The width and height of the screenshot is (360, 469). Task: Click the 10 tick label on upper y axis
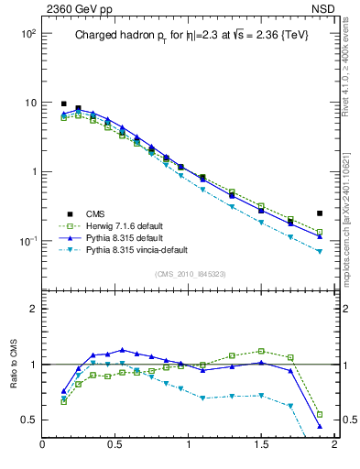coord(27,103)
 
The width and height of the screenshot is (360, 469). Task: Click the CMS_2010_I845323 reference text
coord(188,275)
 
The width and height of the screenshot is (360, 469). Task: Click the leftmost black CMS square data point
coord(63,104)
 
